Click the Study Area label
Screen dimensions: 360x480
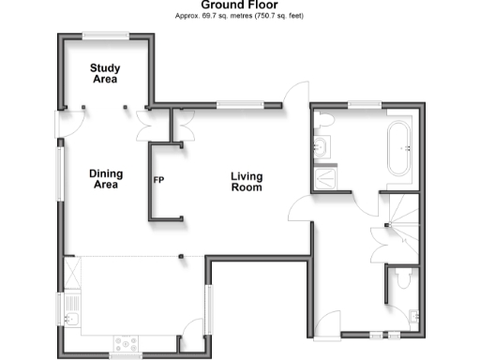(x=103, y=73)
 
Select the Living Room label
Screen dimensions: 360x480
(x=247, y=182)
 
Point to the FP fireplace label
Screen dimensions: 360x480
(x=159, y=178)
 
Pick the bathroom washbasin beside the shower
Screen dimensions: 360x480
(x=322, y=146)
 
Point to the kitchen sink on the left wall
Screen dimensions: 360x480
(x=72, y=307)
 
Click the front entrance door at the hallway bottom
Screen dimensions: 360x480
(x=327, y=324)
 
